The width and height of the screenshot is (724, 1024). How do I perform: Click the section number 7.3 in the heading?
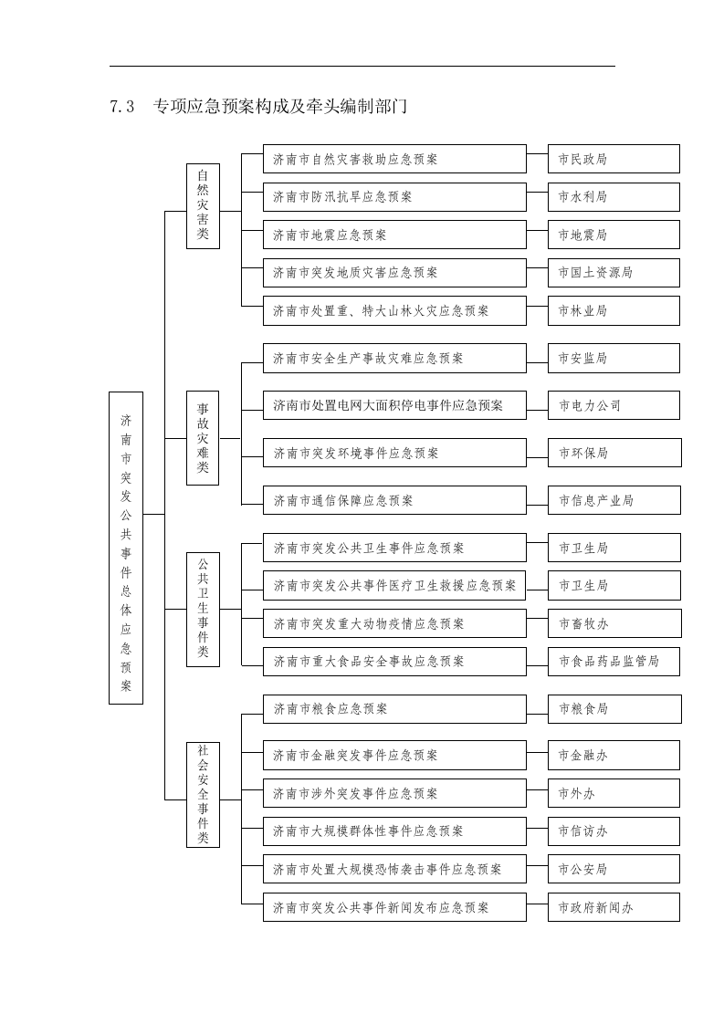coord(121,107)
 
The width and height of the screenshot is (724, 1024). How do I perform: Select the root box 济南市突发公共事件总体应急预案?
coord(126,548)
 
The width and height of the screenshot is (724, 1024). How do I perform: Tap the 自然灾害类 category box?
coord(203,205)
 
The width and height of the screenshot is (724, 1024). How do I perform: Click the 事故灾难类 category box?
coord(203,438)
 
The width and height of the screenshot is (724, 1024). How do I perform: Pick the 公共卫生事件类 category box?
coord(203,609)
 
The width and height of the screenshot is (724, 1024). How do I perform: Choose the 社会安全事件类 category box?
coord(203,794)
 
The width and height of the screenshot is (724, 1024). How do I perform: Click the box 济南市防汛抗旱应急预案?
coord(394,197)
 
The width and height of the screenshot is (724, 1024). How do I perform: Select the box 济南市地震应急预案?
coord(394,235)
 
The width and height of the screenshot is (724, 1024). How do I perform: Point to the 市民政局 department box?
coord(614,159)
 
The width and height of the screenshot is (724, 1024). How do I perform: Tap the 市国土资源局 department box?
coord(614,273)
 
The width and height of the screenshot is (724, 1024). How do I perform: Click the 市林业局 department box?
coord(614,310)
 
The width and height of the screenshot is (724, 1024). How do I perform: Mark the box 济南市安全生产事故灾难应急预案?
coord(394,359)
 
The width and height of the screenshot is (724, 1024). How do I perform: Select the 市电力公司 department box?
coord(614,405)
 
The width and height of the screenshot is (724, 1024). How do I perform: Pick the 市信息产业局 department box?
coord(614,500)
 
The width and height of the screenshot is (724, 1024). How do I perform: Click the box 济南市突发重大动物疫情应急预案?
coord(394,623)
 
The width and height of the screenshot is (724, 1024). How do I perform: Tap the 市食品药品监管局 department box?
coord(614,662)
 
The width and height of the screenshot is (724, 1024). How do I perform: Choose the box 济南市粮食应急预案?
coord(394,709)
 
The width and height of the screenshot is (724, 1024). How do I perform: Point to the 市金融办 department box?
coord(614,756)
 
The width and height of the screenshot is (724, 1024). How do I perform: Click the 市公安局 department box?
coord(614,870)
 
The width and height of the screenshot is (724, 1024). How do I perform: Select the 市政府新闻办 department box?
coord(614,907)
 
